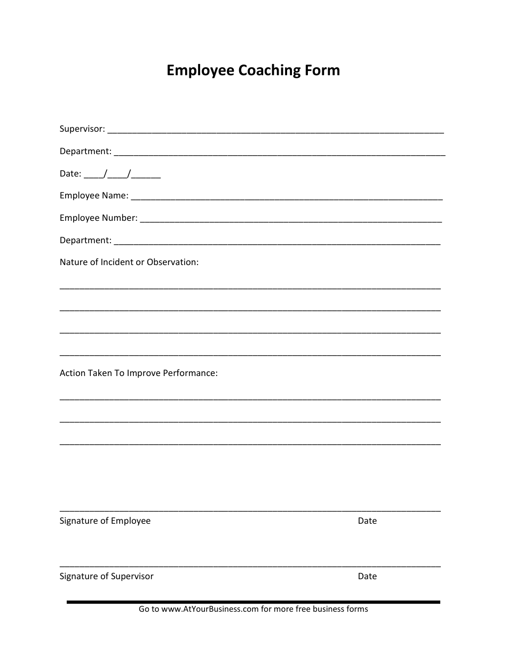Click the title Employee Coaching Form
tap(253, 70)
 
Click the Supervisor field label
tap(82, 129)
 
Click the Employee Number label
tap(98, 218)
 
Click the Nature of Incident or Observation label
tap(129, 262)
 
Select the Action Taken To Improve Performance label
tap(138, 373)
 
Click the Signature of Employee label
tap(105, 521)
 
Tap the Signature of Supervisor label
tap(106, 576)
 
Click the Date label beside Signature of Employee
tap(367, 521)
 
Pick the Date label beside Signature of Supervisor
tap(367, 576)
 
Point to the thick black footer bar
tap(253, 602)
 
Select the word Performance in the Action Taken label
tap(189, 373)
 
